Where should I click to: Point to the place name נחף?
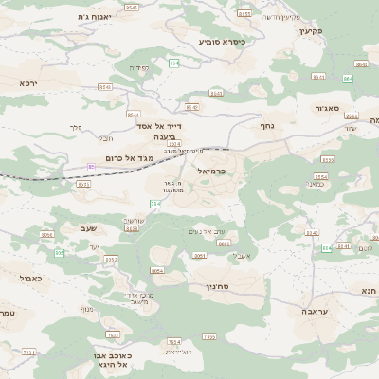[x=266, y=124]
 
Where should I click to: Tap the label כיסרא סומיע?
[x=223, y=42]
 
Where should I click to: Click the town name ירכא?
[x=27, y=83]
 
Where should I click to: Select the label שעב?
[x=89, y=227]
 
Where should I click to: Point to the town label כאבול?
[x=18, y=278]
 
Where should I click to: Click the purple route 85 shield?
[x=91, y=167]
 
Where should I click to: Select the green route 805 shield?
[x=59, y=253]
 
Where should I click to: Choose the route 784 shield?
[x=154, y=204]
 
